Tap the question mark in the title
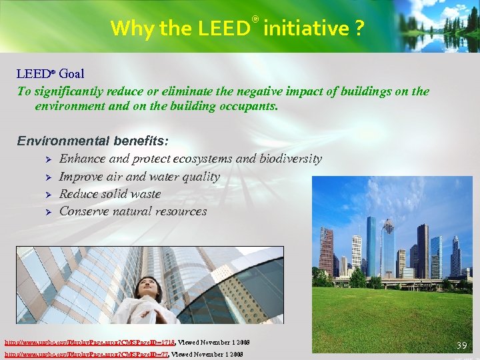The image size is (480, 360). click(x=359, y=28)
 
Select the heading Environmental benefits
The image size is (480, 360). click(x=93, y=141)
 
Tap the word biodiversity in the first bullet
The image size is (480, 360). click(x=289, y=159)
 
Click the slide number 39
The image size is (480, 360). click(x=461, y=345)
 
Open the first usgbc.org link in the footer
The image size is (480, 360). click(x=89, y=342)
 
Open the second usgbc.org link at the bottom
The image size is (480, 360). click(x=85, y=354)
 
